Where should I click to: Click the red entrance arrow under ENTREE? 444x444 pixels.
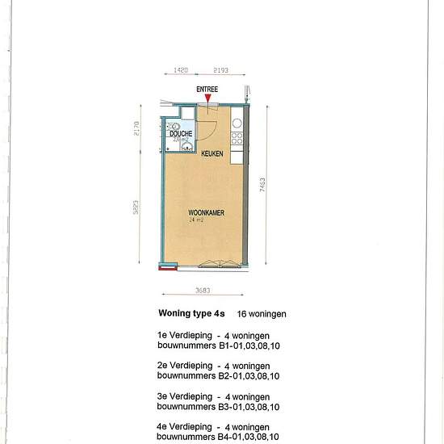pos(208,98)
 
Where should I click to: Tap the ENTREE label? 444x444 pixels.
pos(207,89)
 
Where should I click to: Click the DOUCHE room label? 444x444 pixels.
pos(181,134)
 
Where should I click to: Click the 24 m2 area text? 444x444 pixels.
pos(195,220)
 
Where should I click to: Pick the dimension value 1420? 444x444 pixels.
pos(182,71)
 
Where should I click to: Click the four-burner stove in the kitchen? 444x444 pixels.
pos(237,140)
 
